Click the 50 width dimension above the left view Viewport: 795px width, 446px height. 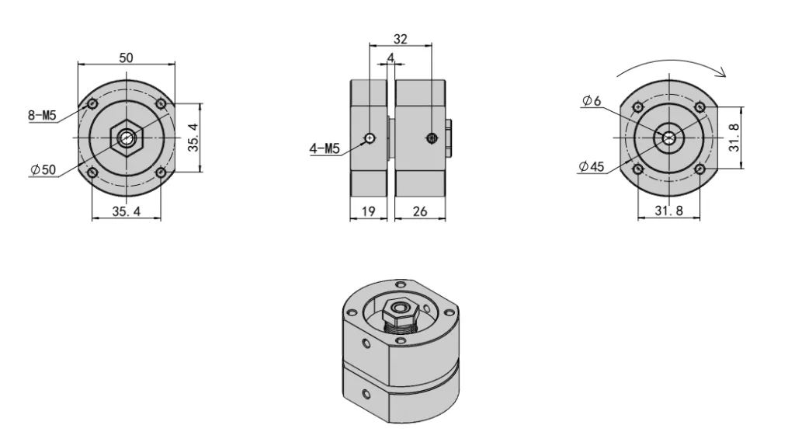(125, 57)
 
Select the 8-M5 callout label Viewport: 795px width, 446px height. (42, 116)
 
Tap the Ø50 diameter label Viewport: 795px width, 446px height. (43, 171)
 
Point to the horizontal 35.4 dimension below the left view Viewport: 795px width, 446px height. (126, 211)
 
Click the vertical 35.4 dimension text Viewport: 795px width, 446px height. (193, 138)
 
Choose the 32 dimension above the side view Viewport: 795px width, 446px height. (401, 38)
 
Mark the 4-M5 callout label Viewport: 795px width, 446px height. (325, 149)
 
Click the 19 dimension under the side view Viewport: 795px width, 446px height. (369, 211)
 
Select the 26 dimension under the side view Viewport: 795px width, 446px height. (420, 211)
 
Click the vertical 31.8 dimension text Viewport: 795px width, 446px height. (734, 136)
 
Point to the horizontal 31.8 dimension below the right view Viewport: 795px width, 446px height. (669, 211)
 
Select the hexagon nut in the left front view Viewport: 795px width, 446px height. (126, 138)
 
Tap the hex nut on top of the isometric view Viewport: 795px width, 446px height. (402, 310)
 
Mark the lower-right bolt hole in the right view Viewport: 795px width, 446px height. (700, 169)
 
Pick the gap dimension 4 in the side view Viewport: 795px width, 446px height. (391, 58)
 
